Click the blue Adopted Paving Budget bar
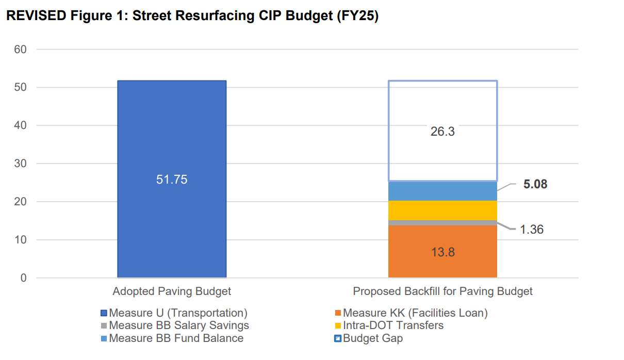[172, 129]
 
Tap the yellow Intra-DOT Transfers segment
[442, 210]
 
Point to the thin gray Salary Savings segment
[442, 223]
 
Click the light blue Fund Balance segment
[442, 191]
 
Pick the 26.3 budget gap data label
[442, 132]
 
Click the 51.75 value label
[172, 180]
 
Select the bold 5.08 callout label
[535, 184]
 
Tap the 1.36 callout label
[531, 230]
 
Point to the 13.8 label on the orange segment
[442, 253]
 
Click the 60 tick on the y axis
[21, 50]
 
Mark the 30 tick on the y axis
[21, 163]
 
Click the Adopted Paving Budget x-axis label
[172, 291]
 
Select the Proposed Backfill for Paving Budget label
[442, 291]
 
